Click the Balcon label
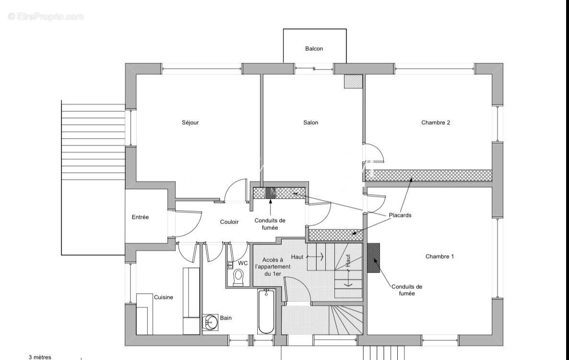coord(314,48)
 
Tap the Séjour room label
coord(190,122)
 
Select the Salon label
coord(310,122)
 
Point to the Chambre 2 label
coord(436,122)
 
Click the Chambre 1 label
coord(439,256)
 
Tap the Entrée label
coord(140,217)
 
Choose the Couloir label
coord(229,222)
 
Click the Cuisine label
coord(164,297)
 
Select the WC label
coord(243,263)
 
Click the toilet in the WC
coord(238,278)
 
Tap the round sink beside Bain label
coord(210,323)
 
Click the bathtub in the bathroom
coord(266,312)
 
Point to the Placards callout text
coord(400,215)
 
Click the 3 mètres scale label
coord(40,357)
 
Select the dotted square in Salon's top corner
coord(353,82)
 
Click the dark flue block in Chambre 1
coord(373,258)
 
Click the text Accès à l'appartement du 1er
coord(273,266)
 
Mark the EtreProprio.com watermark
coord(46,16)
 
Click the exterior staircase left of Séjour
coord(93,140)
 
